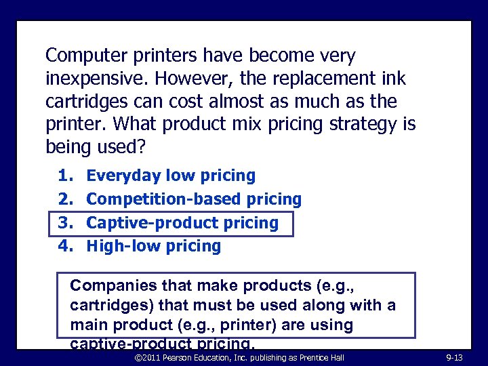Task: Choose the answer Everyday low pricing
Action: (x=171, y=176)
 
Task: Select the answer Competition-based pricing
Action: (x=195, y=199)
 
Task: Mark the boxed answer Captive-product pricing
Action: (x=183, y=223)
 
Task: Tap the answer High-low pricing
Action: (x=154, y=246)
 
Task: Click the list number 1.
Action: (x=64, y=176)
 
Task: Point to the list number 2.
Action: (x=64, y=199)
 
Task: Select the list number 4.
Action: (x=64, y=246)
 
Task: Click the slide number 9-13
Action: (x=453, y=357)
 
